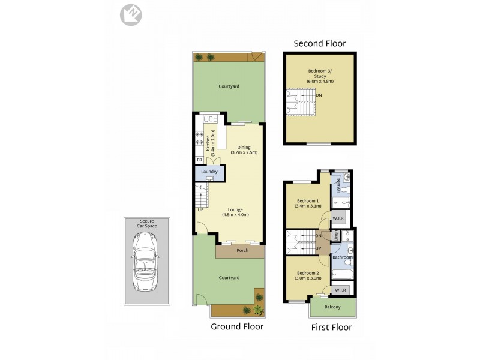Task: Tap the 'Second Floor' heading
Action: [319, 43]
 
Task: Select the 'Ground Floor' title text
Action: [237, 327]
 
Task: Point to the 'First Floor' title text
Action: [331, 327]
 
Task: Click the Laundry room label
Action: [209, 172]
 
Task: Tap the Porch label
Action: [242, 250]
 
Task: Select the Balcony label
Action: [332, 307]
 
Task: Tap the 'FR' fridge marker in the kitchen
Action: [199, 160]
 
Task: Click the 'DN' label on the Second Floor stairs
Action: [319, 95]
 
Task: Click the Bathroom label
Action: [342, 257]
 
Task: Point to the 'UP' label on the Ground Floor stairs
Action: [200, 209]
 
